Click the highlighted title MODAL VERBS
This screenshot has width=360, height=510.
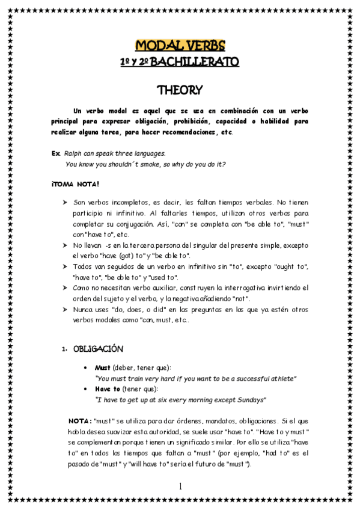coord(180,46)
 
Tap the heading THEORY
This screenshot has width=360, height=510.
coord(180,90)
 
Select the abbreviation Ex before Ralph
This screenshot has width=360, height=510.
coord(55,153)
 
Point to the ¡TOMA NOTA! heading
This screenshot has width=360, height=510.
coord(75,183)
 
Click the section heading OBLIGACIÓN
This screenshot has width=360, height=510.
coord(99,348)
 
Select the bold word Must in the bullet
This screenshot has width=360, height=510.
coord(103,367)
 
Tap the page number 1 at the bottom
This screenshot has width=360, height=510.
coord(180,486)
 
